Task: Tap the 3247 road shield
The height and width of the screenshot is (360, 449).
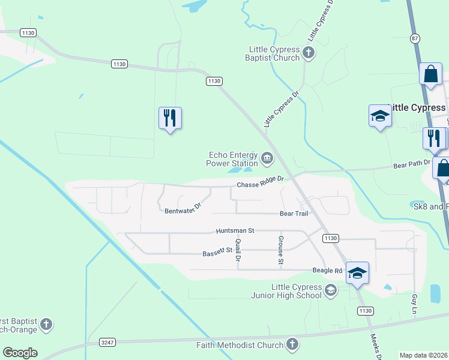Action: coord(107,342)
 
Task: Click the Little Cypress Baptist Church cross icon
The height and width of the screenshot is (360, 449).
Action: coord(309,52)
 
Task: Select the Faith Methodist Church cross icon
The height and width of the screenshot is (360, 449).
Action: coord(292,344)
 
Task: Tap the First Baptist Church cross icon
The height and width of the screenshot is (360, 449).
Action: coord(46,325)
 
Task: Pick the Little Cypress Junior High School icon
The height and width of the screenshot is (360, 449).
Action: coord(330,291)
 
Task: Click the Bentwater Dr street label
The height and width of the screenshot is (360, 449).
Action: coord(182,208)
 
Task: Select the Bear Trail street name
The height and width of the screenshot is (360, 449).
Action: coord(294,214)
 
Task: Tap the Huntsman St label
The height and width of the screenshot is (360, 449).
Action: coord(235,230)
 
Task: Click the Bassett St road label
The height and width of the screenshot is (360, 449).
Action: coord(217,253)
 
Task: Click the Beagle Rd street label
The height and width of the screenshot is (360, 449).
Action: coord(327,271)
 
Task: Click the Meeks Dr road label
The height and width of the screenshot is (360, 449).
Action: coord(376,346)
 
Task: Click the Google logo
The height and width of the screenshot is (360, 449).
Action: coord(20,353)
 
